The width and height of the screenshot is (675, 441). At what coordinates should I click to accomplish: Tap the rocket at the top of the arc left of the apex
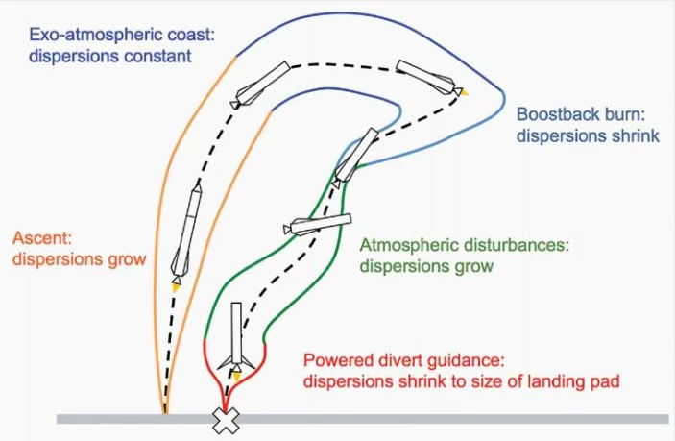click(260, 86)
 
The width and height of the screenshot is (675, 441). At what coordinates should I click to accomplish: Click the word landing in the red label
click(539, 381)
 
